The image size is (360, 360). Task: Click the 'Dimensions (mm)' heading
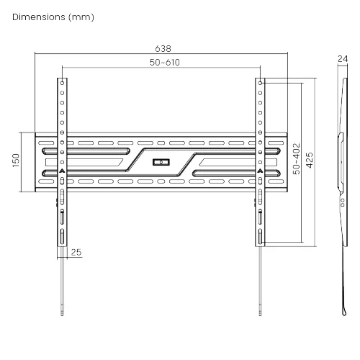click(53, 17)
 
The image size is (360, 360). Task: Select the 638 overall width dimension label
click(163, 49)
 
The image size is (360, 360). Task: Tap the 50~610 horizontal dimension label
click(165, 63)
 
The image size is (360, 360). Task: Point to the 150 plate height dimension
click(16, 161)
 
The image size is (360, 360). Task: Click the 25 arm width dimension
click(76, 252)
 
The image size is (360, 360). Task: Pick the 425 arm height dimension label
click(310, 160)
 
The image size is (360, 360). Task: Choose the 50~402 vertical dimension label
click(297, 158)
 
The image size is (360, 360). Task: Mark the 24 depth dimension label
click(343, 59)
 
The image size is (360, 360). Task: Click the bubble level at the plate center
click(161, 162)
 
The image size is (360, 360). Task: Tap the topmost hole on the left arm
click(62, 83)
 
